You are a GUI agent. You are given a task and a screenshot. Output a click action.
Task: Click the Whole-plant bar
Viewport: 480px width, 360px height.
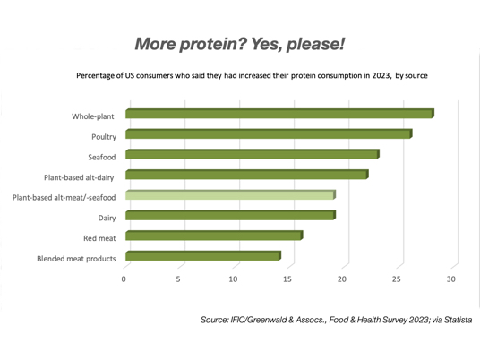click(279, 114)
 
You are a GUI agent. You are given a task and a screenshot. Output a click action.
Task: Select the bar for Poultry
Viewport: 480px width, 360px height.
click(269, 133)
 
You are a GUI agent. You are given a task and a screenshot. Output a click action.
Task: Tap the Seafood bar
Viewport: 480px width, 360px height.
click(253, 154)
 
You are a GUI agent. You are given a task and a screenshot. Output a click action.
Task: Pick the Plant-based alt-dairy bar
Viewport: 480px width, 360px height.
click(247, 175)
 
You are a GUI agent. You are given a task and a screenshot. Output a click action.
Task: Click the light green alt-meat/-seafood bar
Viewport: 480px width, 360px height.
click(230, 194)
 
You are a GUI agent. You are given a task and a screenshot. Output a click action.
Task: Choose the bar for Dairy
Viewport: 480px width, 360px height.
click(230, 215)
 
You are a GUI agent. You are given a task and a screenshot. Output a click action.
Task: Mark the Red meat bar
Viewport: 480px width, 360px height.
click(214, 236)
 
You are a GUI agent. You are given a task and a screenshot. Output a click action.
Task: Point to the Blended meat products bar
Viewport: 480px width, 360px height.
click(203, 255)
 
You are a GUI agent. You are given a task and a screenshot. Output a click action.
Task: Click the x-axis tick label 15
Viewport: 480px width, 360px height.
click(287, 279)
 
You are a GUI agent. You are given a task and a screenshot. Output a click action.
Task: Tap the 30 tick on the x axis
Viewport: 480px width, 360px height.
click(451, 279)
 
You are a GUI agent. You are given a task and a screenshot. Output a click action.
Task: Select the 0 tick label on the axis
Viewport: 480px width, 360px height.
click(124, 279)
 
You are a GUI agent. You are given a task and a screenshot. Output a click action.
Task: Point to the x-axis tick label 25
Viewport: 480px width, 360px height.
click(397, 279)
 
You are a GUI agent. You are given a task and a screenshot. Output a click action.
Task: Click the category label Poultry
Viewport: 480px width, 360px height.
click(104, 137)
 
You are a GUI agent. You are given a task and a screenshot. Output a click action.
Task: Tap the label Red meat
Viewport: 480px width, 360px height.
click(99, 238)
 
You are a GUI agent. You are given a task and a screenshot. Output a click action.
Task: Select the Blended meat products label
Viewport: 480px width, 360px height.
click(76, 259)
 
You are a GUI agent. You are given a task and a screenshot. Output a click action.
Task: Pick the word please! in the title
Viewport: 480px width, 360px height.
click(315, 45)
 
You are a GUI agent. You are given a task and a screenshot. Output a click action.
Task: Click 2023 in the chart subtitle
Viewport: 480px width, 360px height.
click(381, 75)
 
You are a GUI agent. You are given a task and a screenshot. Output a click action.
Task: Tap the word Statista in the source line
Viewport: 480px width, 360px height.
click(458, 320)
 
